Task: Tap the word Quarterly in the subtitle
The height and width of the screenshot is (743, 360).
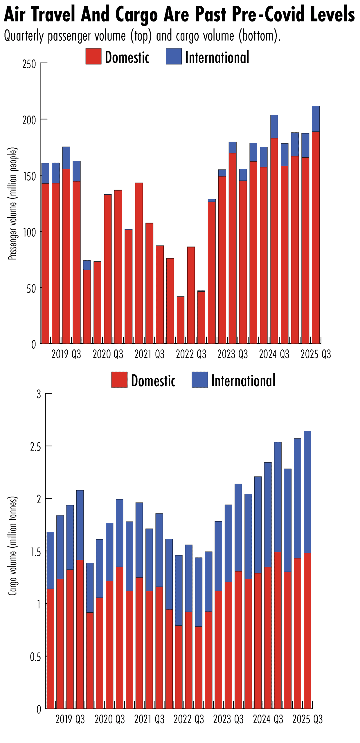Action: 24,36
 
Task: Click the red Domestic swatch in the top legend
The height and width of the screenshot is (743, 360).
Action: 93,56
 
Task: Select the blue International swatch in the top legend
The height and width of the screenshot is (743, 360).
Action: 174,56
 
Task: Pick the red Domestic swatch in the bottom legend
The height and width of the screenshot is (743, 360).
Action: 119,379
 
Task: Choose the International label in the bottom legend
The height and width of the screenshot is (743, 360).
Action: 243,380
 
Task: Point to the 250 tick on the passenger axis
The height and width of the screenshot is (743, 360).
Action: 29,64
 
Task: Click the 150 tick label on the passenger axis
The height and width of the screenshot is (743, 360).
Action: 29,176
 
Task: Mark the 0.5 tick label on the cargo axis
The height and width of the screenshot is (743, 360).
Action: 35,657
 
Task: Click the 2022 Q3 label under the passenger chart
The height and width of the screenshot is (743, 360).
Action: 191,354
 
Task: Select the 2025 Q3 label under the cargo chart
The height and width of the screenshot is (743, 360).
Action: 307,719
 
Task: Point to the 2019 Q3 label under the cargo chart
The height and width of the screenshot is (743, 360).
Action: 70,719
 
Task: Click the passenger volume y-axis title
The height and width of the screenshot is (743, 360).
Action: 12,203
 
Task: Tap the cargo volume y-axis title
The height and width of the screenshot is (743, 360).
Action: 12,546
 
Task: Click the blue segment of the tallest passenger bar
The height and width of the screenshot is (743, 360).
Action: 316,119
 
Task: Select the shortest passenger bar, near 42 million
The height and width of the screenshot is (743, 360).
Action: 180,319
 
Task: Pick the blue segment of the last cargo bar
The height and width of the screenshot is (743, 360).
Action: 307,492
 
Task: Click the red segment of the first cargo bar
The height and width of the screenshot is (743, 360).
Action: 50,647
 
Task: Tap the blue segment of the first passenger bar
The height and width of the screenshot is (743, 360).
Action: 45,173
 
